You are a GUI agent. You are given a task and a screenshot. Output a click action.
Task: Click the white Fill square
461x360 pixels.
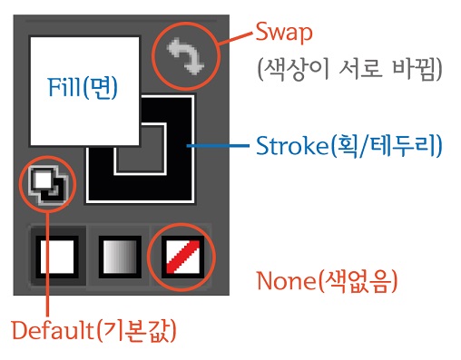(x=64, y=63)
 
